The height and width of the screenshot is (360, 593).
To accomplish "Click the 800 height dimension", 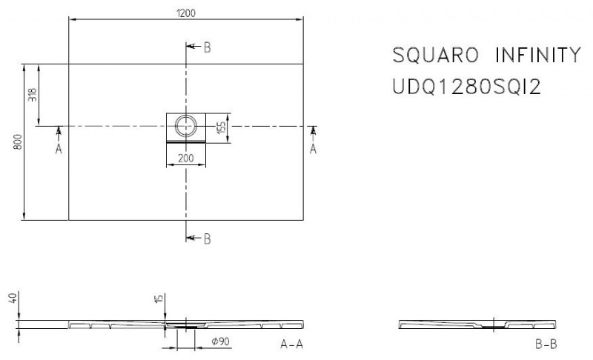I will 19,141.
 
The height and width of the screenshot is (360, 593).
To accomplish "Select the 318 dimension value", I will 32,95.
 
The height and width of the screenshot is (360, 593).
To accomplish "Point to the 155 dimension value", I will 221,127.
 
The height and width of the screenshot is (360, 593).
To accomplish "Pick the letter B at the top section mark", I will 207,47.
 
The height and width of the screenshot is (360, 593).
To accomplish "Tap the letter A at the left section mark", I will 59,150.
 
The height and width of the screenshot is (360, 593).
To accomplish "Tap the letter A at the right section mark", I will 312,150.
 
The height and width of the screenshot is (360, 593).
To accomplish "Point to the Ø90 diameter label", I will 220,343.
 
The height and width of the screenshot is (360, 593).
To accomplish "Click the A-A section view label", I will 291,344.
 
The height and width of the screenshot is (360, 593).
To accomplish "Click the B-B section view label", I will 545,344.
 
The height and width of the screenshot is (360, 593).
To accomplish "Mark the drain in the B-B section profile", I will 492,325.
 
